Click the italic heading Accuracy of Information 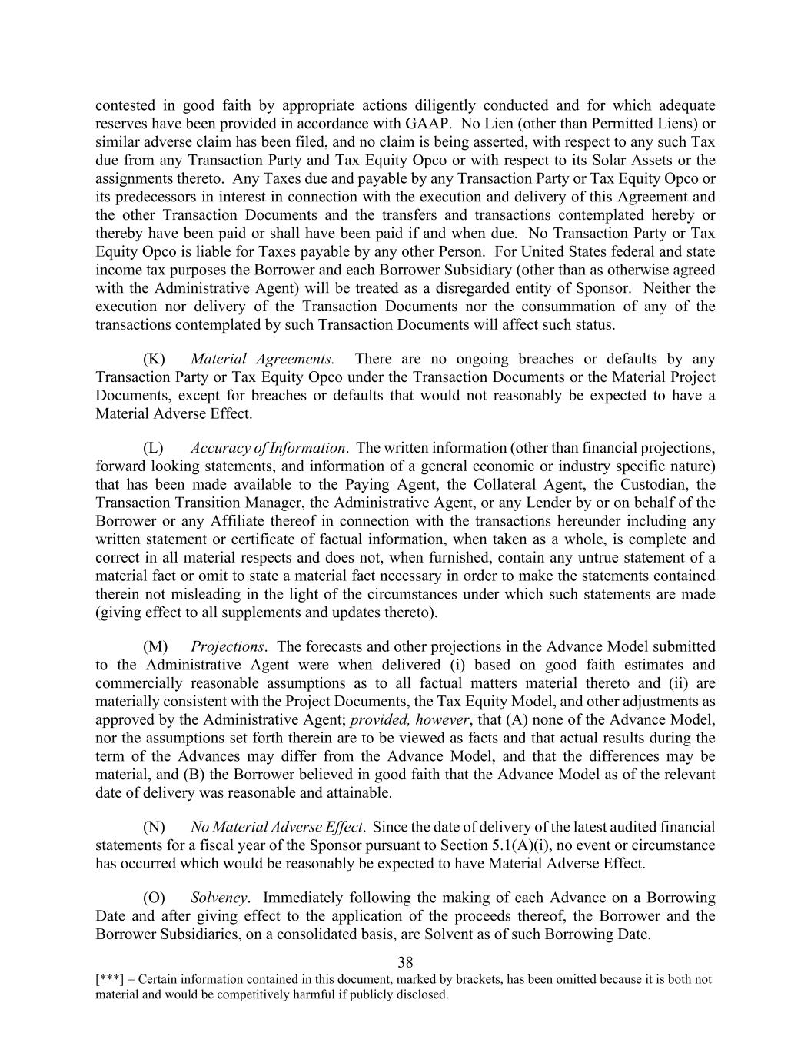coord(268,448)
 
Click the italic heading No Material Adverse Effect coord(277,827)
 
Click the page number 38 coord(406,962)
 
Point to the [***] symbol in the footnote coord(109,980)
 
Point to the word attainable coord(362,792)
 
